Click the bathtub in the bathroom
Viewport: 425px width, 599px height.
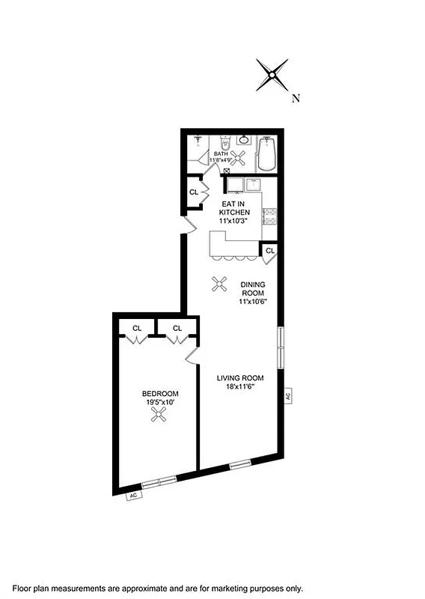click(267, 153)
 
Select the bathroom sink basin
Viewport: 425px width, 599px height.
click(244, 140)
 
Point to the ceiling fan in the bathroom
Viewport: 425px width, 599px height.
click(240, 158)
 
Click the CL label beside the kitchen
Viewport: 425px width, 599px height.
click(193, 192)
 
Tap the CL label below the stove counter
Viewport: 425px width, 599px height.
click(269, 251)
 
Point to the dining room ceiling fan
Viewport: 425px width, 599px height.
click(220, 283)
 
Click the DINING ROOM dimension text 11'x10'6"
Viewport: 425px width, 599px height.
click(253, 302)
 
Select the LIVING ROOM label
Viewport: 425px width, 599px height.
click(236, 378)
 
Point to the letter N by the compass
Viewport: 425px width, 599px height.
click(296, 97)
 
